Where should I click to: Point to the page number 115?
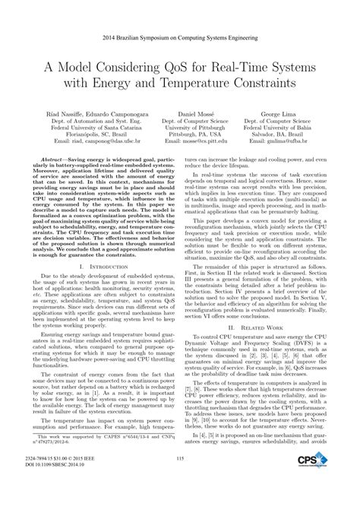[180, 479]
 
